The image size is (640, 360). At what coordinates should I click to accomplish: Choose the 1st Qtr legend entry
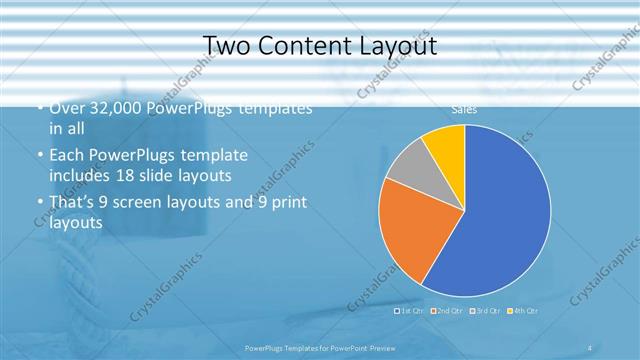(410, 311)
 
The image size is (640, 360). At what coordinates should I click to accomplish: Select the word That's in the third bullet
(70, 203)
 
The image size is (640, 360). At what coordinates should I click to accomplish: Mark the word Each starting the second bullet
(66, 157)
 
